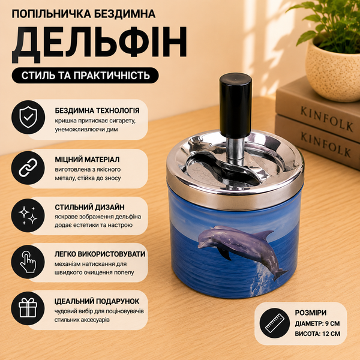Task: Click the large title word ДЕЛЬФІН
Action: click(99, 44)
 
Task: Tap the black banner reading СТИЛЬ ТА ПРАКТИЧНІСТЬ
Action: click(85, 76)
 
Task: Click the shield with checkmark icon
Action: click(28, 117)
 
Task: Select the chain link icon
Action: click(28, 167)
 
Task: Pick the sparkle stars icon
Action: click(28, 215)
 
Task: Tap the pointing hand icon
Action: click(28, 262)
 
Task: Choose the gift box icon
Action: click(28, 308)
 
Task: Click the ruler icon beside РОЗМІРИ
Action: click(275, 323)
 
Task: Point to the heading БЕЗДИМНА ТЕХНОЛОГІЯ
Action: click(97, 110)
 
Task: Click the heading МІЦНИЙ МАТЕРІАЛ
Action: click(87, 160)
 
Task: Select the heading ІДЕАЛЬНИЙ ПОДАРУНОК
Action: click(97, 301)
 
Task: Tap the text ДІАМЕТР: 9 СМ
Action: click(317, 323)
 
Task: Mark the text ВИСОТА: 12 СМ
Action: click(317, 334)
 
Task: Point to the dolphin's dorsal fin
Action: click(265, 235)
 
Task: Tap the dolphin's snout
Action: click(200, 246)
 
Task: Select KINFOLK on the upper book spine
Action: click(327, 119)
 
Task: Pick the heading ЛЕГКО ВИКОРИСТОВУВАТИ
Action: click(100, 254)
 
